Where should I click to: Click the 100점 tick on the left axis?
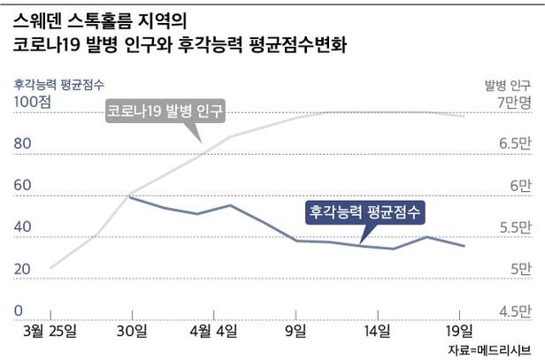(32, 103)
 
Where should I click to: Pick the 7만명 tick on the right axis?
(512, 103)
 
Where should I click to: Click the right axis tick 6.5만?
(514, 144)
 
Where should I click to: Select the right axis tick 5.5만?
(514, 227)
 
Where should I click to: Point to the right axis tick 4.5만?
(514, 310)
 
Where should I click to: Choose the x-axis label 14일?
(378, 331)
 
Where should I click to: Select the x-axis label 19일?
(459, 331)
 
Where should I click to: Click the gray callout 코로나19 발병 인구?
(165, 112)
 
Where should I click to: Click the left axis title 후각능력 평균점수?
(59, 84)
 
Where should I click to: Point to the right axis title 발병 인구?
(507, 84)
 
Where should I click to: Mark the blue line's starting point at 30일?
(131, 197)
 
